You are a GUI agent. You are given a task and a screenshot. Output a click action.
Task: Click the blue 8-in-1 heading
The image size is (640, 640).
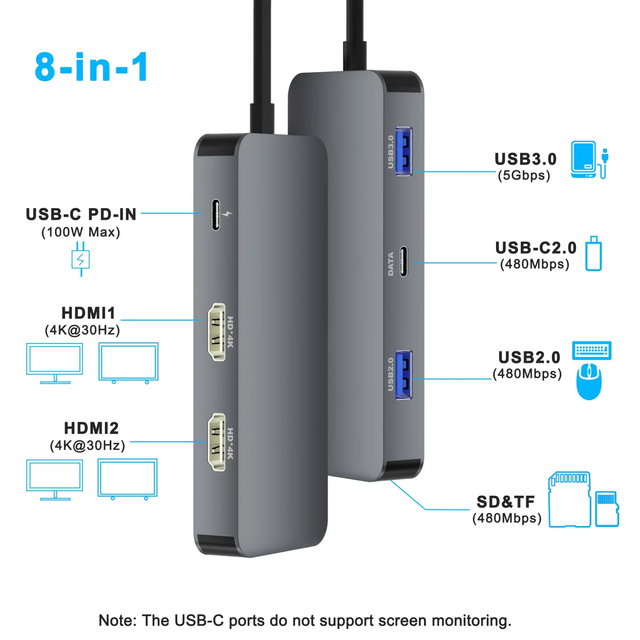[91, 67]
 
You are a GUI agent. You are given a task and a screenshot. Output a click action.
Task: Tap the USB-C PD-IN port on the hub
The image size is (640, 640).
[216, 215]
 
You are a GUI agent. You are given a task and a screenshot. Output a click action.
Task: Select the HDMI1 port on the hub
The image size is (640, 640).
[216, 332]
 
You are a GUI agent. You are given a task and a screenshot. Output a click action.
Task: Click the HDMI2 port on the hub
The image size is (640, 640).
[216, 442]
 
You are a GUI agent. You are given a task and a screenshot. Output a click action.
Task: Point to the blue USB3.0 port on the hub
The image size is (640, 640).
[404, 151]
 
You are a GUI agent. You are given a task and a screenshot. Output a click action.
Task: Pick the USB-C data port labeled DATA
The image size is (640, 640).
[404, 261]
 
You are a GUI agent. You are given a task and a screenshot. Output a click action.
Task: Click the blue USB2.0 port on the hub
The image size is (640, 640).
[404, 375]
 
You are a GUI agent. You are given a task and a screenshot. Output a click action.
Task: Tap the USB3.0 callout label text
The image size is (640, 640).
[525, 159]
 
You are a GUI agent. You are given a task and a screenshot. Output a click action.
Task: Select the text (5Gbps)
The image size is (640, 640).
[524, 175]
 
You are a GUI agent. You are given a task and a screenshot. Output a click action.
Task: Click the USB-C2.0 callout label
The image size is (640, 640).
[536, 248]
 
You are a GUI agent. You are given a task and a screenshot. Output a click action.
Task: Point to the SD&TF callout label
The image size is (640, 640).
[505, 502]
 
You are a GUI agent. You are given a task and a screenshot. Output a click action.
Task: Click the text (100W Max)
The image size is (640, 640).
[81, 232]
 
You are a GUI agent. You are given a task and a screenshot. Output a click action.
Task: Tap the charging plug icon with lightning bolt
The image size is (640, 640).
[81, 259]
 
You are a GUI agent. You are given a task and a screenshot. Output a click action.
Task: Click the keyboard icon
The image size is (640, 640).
[592, 350]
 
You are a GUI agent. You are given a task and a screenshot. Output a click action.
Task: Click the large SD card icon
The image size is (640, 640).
[569, 499]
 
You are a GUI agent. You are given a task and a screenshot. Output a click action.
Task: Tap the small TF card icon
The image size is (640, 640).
[607, 509]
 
